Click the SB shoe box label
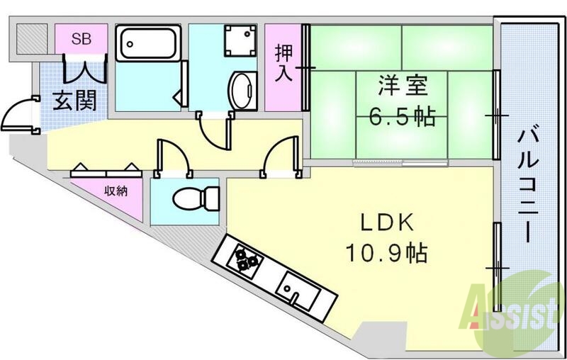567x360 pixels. [81, 39]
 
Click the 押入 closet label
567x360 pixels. [284, 64]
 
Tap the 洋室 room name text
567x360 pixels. [401, 86]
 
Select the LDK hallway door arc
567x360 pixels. [277, 154]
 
